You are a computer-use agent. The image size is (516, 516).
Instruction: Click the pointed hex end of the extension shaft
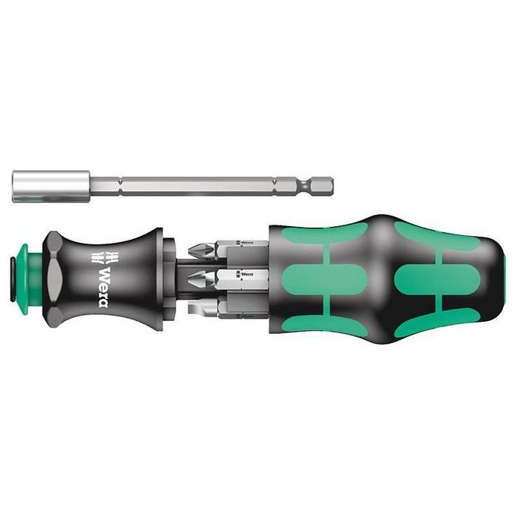coord(325,184)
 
